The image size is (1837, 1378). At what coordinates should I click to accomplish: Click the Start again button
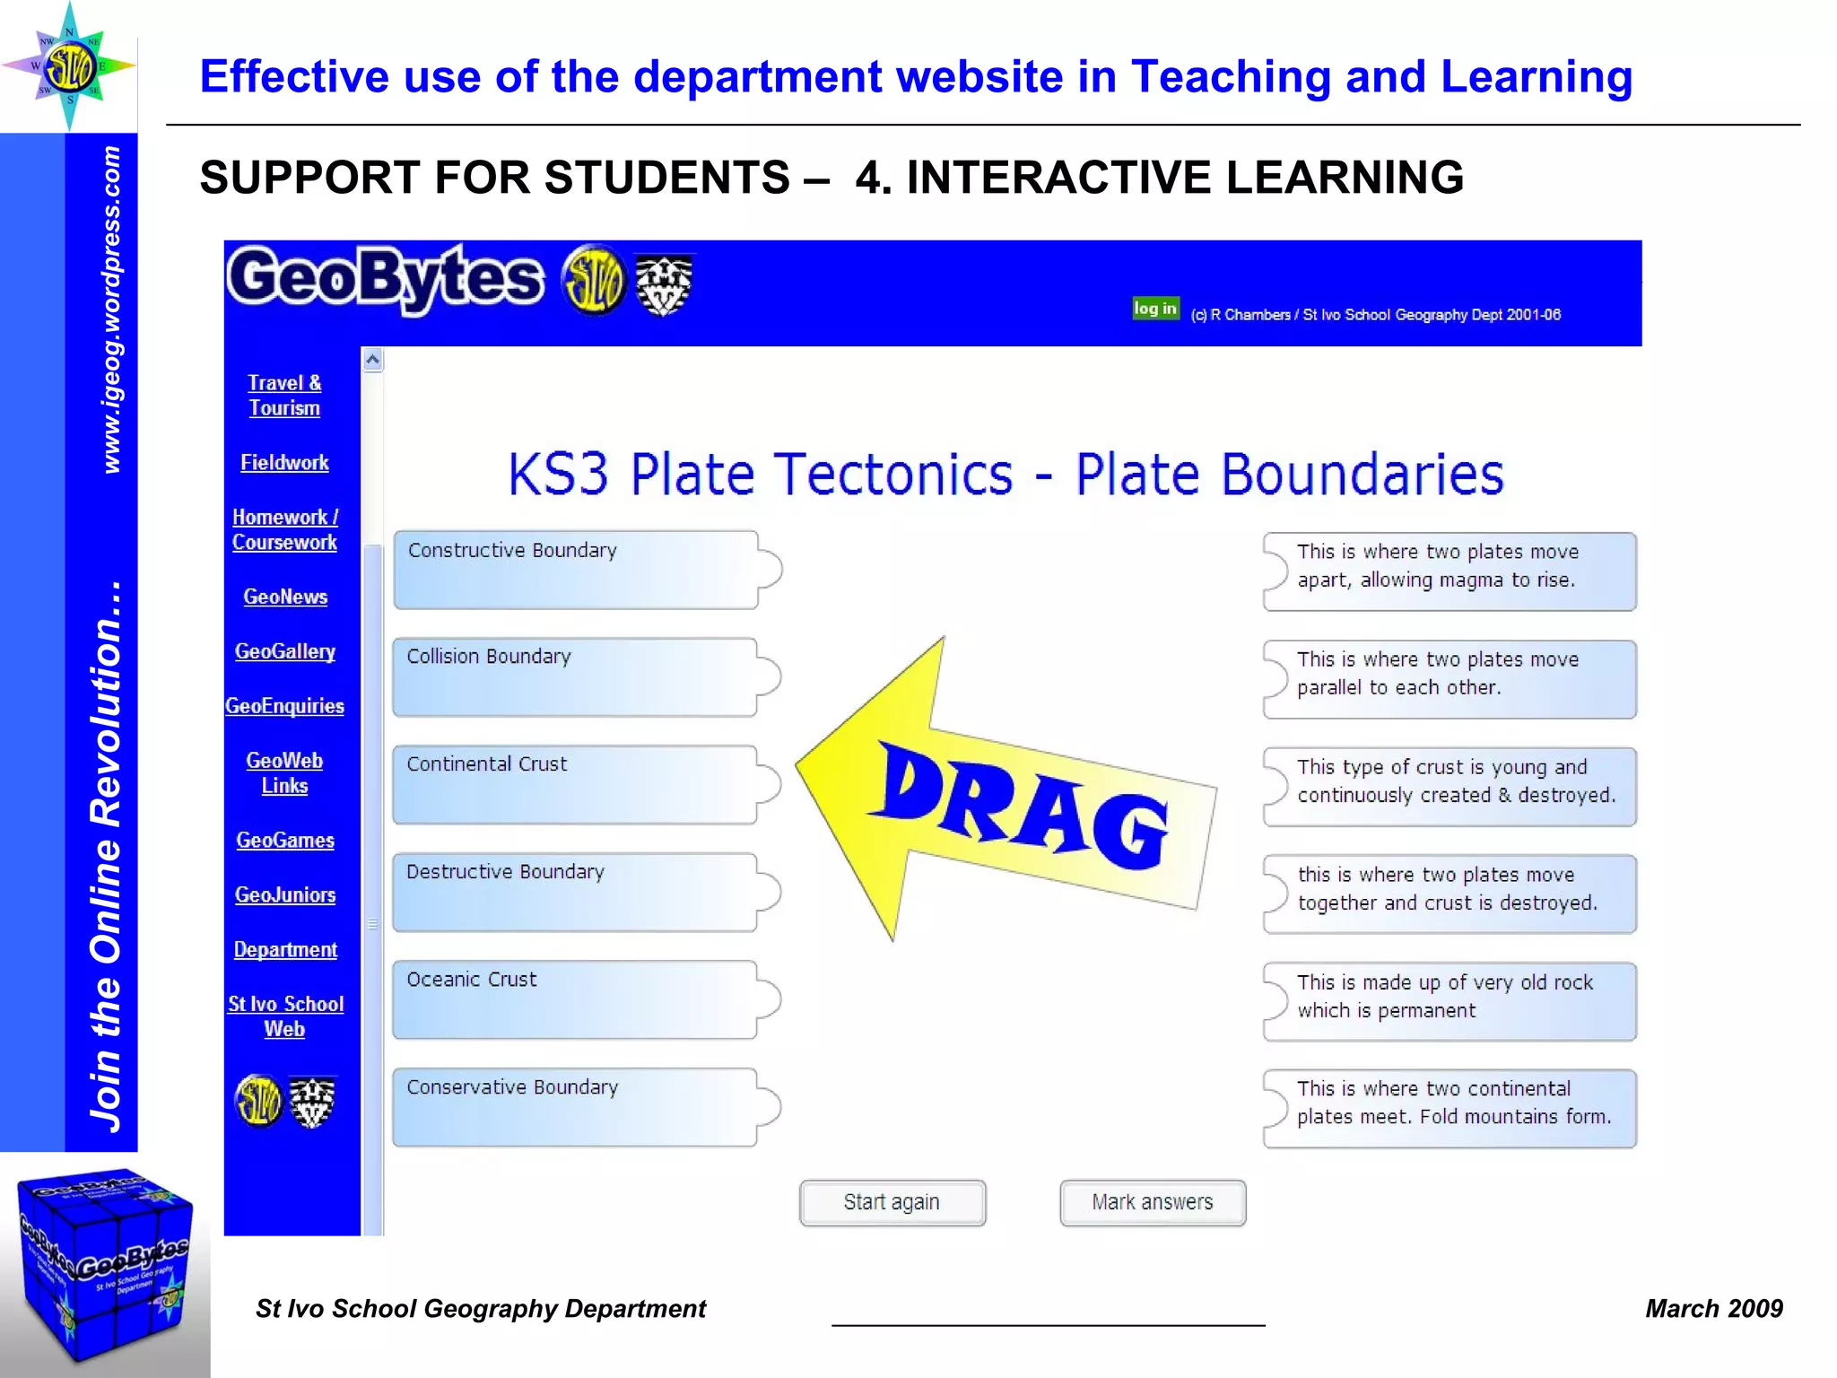892,1202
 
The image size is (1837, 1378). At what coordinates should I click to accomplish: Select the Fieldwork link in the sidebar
284,463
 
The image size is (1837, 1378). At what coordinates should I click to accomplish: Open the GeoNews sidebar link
285,597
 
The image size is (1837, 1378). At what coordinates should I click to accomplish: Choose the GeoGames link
285,841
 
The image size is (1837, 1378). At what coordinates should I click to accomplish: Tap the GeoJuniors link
285,895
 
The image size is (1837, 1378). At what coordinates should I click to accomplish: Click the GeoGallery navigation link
285,651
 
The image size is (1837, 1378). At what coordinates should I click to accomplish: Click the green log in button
1154,309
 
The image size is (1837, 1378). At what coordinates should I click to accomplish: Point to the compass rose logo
69,66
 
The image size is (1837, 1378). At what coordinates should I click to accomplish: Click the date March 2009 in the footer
1713,1309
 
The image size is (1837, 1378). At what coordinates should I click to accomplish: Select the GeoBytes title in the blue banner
386,279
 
